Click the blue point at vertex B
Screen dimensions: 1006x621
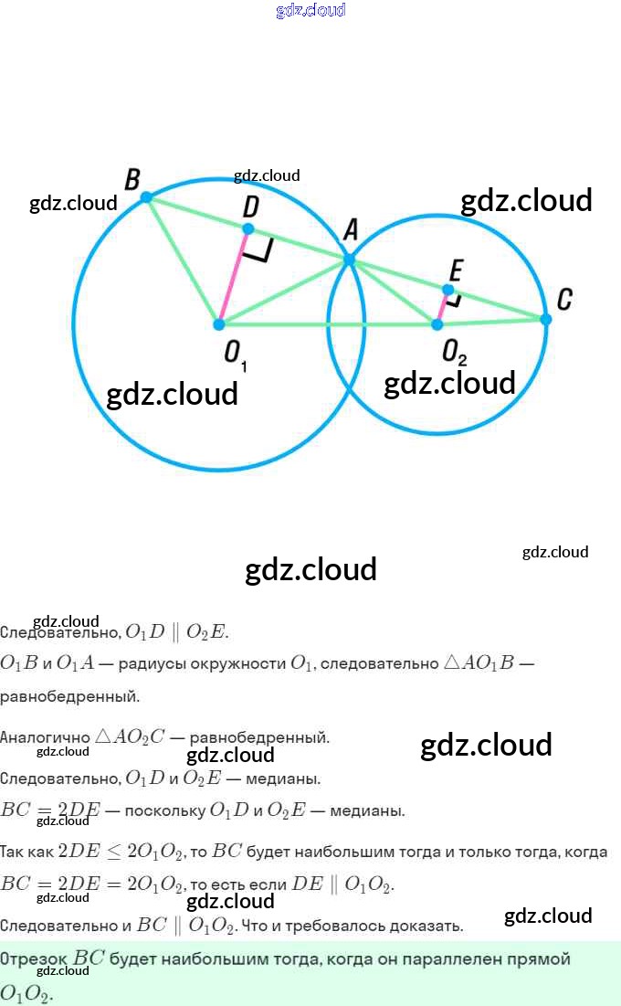146,196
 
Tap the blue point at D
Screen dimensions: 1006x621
247,228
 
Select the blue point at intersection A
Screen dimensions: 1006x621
349,260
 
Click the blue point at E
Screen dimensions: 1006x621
447,290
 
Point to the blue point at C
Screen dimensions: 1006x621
545,319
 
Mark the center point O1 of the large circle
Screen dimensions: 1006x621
219,324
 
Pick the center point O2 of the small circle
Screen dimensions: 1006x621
437,324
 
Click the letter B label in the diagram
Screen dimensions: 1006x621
132,179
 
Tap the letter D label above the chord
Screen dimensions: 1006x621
250,206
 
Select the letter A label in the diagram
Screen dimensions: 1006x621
351,232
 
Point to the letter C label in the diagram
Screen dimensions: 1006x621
564,299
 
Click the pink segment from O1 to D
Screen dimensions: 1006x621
233,277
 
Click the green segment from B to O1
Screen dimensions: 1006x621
182,259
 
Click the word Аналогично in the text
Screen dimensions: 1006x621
45,737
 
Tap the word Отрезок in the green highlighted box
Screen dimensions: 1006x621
34,959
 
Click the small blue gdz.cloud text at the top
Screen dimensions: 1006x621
310,11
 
